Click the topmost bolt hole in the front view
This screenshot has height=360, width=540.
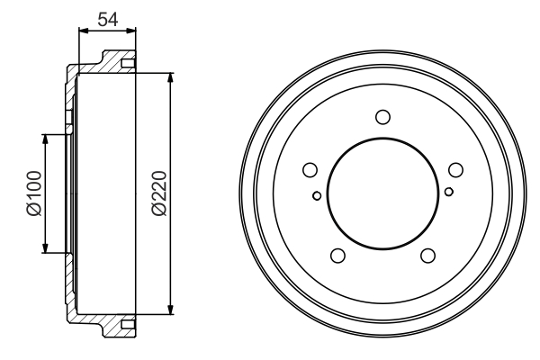pyautogui.click(x=382, y=116)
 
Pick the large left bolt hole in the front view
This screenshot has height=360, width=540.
pyautogui.click(x=310, y=170)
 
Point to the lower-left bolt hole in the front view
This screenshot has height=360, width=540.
pyautogui.click(x=338, y=255)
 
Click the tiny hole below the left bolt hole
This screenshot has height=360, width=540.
pyautogui.click(x=317, y=194)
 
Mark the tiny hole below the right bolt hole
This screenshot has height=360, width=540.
pyautogui.click(x=448, y=191)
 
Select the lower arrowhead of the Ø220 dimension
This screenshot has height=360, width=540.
pyautogui.click(x=170, y=311)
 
